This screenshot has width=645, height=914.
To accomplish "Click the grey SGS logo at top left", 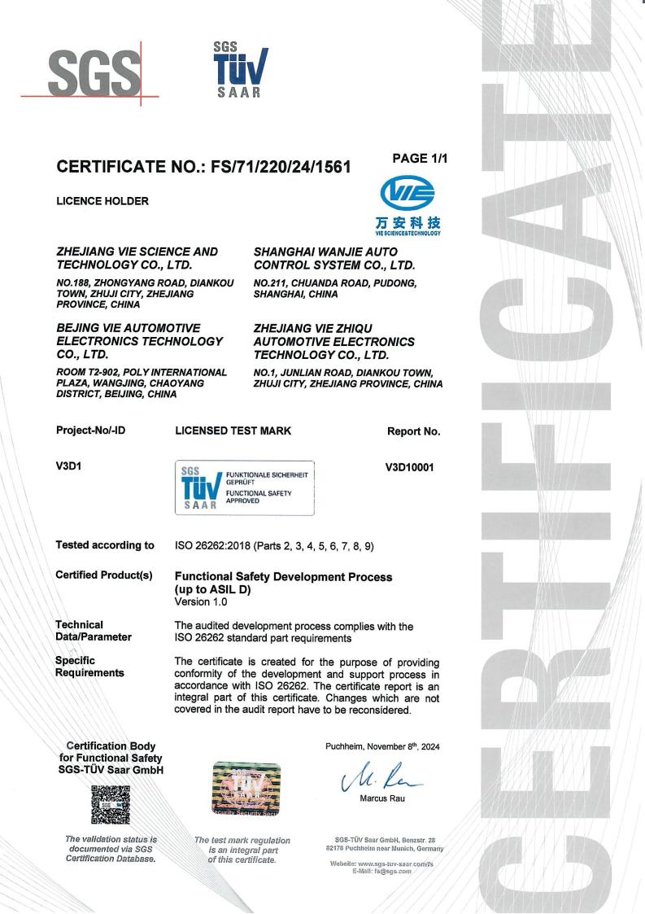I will (x=94, y=72).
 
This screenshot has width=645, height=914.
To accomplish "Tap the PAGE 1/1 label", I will (x=419, y=159).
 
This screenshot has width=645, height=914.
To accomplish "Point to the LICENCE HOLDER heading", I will (x=102, y=201).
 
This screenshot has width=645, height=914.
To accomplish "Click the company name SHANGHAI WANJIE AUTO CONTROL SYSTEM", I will (x=334, y=259).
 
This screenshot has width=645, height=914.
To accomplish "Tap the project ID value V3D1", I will (x=70, y=468).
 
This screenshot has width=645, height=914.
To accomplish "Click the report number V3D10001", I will (x=412, y=468).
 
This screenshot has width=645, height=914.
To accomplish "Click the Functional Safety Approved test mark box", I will (x=245, y=488).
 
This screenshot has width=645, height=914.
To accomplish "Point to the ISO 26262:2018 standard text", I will (x=274, y=545).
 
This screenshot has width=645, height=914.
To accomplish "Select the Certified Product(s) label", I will (x=103, y=575).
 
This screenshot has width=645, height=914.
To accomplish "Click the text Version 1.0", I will (x=201, y=602).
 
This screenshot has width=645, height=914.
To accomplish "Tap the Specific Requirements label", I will (x=89, y=667).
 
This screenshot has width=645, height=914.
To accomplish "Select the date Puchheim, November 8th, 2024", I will (x=382, y=746).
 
